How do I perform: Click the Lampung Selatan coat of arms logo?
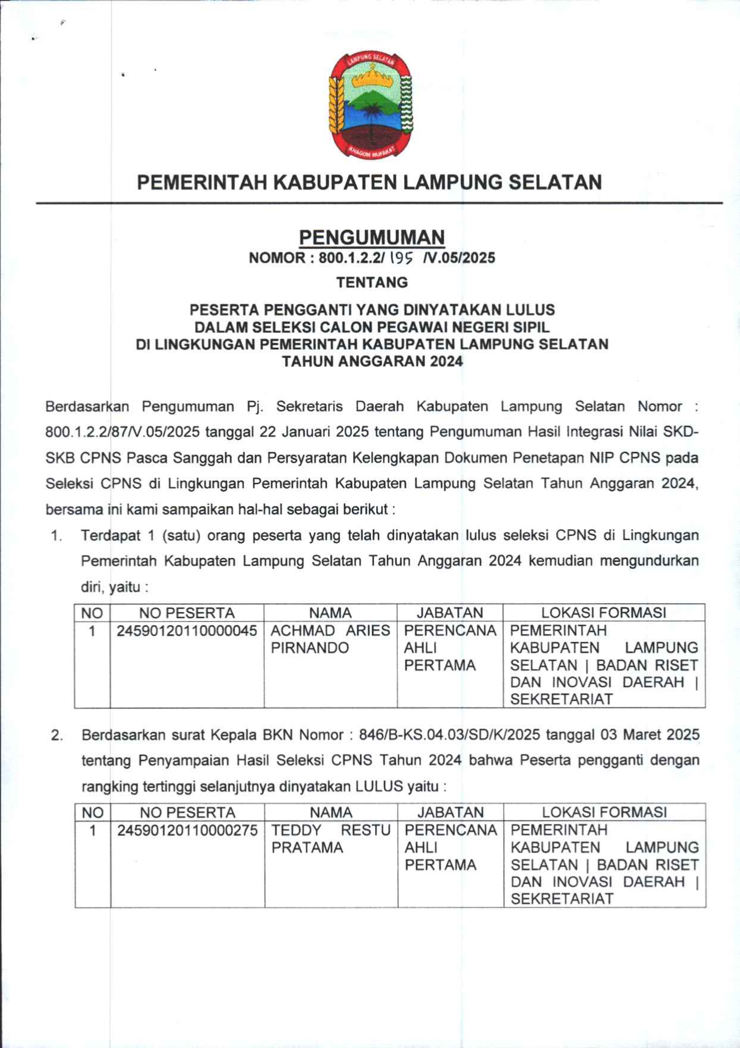(x=371, y=105)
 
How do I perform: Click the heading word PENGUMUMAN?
(x=371, y=237)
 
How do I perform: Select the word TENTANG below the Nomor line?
(x=371, y=282)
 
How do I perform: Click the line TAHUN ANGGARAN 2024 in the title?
(x=371, y=361)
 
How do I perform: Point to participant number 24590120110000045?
(x=187, y=631)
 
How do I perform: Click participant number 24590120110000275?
(x=188, y=830)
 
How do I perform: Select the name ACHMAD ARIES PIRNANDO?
(x=330, y=639)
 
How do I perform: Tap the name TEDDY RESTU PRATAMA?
(x=330, y=838)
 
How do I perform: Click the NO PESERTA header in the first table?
(x=187, y=613)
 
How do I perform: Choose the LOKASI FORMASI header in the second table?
(x=604, y=812)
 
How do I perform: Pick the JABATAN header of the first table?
(x=449, y=613)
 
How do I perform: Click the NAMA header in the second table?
(x=331, y=812)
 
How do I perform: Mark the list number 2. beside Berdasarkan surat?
(x=57, y=735)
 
